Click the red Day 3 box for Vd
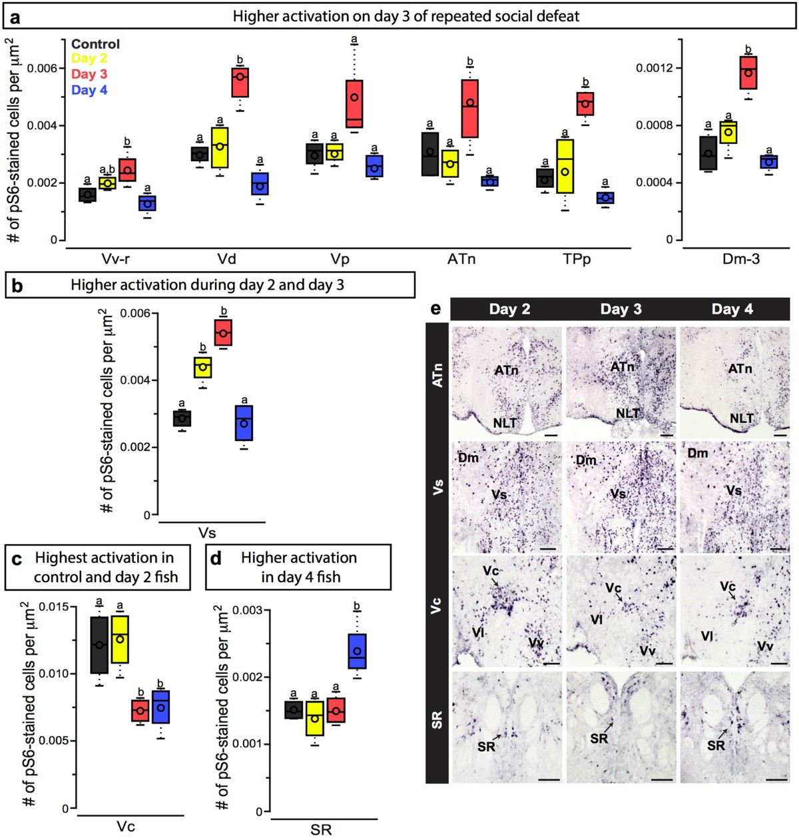[x=240, y=82]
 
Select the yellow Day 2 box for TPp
[x=565, y=166]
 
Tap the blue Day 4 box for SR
[x=357, y=651]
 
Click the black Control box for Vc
[x=99, y=645]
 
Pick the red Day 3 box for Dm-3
[x=748, y=72]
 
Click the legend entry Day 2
[x=89, y=59]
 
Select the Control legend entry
[x=95, y=44]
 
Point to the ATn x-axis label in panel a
[x=461, y=259]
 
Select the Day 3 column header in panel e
[x=621, y=309]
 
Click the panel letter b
[x=17, y=286]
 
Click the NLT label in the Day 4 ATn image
[x=741, y=418]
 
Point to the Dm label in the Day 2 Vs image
[x=468, y=458]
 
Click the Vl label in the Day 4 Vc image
[x=707, y=636]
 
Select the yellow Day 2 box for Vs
[x=203, y=367]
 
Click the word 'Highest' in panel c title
[x=66, y=558]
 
